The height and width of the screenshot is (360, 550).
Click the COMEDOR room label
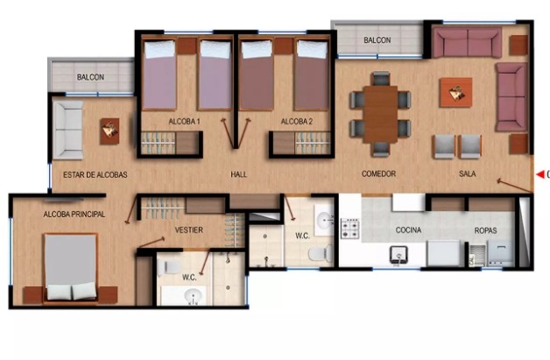point(378,173)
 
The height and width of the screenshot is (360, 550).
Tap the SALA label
point(467,173)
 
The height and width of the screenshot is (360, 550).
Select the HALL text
point(238,174)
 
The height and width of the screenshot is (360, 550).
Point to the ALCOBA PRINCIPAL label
point(74,214)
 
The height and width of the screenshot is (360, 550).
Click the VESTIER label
point(188,230)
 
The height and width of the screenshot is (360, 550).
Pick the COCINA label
point(408,230)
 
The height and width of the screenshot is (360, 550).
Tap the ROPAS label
point(485,230)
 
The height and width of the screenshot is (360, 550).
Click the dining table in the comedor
point(381,115)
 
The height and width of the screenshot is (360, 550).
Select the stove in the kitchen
point(350,229)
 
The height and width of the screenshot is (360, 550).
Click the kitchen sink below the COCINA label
point(398,255)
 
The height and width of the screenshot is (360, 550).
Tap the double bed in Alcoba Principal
point(71,267)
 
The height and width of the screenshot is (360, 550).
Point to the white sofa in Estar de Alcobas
point(68,131)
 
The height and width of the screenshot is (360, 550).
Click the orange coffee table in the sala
point(455,93)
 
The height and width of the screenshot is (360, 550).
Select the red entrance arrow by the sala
point(540,174)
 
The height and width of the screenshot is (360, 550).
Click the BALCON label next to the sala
point(377,40)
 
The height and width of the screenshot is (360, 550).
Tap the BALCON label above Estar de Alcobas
point(90,77)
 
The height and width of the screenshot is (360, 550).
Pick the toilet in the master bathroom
point(169,267)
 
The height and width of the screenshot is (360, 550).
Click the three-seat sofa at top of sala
point(467,43)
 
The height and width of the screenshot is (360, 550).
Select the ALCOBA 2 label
point(296,122)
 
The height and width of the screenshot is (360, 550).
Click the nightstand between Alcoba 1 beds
point(187,46)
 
